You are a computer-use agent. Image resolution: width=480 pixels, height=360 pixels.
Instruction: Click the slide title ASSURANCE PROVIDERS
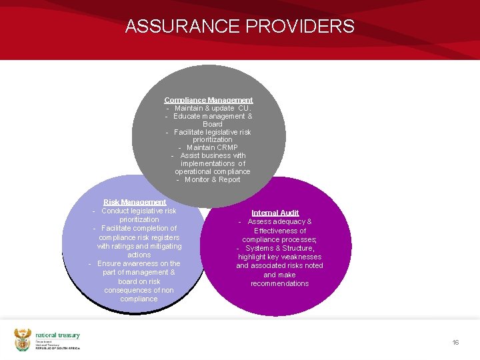point(240,27)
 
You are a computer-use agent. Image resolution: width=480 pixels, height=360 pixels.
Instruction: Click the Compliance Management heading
point(209,100)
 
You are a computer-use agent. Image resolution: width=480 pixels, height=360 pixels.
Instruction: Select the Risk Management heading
point(135,202)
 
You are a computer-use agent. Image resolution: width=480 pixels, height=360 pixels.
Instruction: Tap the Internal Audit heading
point(275,213)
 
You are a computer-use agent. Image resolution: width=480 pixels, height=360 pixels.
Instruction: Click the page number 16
point(455,342)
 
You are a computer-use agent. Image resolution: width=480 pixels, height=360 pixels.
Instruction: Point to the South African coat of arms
point(23,339)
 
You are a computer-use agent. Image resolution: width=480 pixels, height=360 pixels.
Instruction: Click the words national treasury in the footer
point(57,336)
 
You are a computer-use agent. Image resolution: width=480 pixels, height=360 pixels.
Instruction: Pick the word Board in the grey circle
point(213,124)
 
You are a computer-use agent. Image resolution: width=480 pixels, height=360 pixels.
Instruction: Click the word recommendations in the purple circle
point(279,283)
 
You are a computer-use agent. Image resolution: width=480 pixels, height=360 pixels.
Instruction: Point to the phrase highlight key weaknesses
point(279,257)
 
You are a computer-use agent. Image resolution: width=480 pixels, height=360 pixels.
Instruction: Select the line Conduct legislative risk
point(139,211)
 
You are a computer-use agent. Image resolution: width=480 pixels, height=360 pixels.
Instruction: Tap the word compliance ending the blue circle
point(139,299)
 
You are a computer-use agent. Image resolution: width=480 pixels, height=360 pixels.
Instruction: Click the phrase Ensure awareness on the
point(139,263)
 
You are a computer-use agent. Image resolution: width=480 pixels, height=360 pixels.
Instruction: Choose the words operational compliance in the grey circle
point(213,171)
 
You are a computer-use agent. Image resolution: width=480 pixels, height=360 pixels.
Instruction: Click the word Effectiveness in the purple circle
point(280,231)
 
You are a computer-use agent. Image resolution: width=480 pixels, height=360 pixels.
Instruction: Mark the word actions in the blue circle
point(139,255)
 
